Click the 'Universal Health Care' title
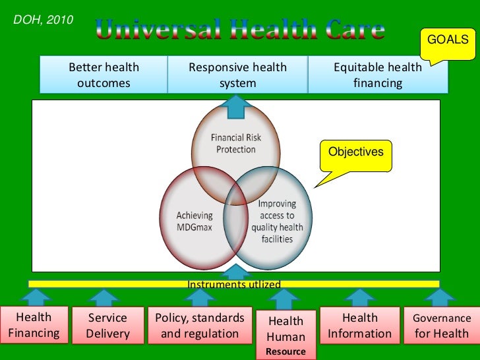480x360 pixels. pyautogui.click(x=239, y=29)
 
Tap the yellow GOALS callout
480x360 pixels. pyautogui.click(x=448, y=41)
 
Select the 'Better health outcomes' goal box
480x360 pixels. pyautogui.click(x=104, y=75)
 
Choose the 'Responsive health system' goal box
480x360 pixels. pyautogui.click(x=237, y=75)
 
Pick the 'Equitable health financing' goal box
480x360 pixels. pyautogui.click(x=377, y=75)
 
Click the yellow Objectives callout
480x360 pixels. pyautogui.click(x=355, y=153)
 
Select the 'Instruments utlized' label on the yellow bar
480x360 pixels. pyautogui.click(x=234, y=284)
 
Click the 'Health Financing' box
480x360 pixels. pyautogui.click(x=34, y=325)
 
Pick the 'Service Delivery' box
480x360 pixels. pyautogui.click(x=107, y=326)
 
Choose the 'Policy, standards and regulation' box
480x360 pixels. pyautogui.click(x=200, y=326)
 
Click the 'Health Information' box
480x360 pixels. pyautogui.click(x=360, y=326)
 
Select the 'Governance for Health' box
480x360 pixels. pyautogui.click(x=441, y=326)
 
